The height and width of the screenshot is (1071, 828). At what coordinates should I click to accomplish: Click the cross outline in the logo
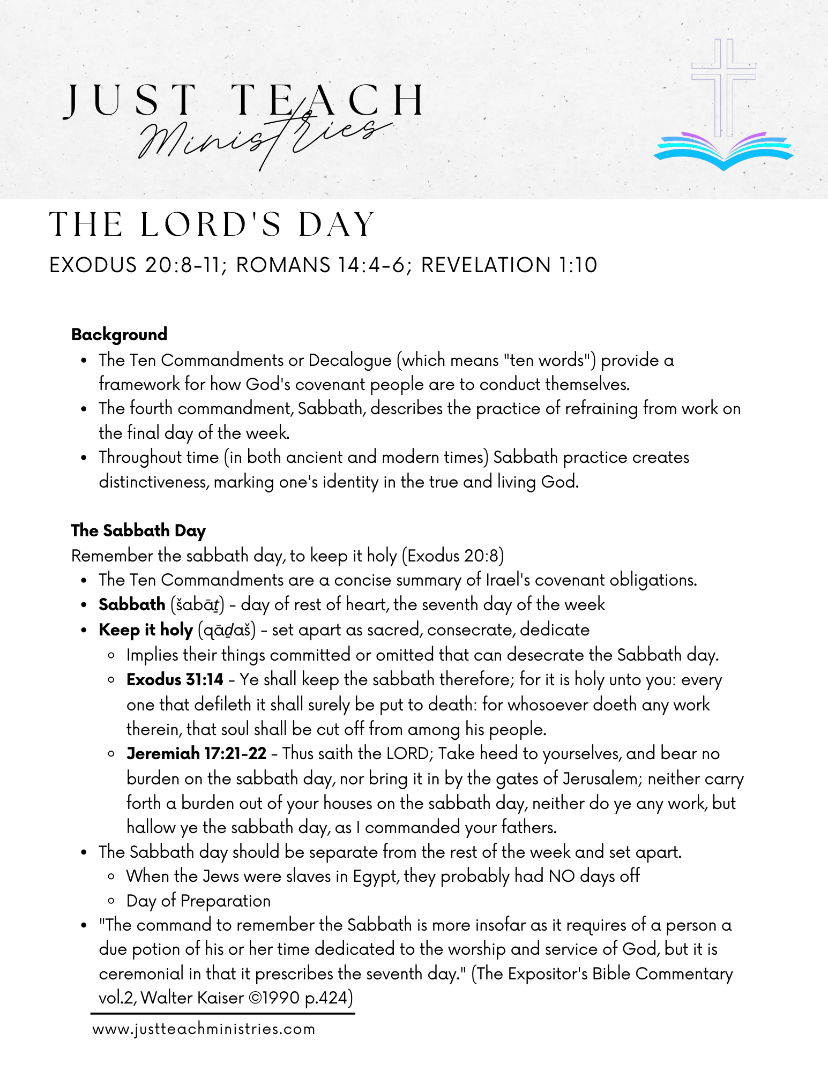(x=723, y=86)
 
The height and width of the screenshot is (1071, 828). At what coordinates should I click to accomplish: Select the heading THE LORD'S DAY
(x=212, y=224)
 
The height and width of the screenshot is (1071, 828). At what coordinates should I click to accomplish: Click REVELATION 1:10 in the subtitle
(x=509, y=265)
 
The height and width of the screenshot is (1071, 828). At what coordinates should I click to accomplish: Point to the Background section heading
(x=119, y=334)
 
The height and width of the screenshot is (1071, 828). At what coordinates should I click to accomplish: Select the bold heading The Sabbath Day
(x=138, y=530)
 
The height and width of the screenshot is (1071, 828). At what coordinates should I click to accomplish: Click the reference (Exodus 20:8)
(x=452, y=556)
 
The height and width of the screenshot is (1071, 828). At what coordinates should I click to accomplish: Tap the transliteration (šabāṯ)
(x=197, y=604)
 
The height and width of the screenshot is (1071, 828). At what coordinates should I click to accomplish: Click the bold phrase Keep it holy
(x=145, y=630)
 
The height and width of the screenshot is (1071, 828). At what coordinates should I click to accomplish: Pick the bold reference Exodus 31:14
(x=175, y=679)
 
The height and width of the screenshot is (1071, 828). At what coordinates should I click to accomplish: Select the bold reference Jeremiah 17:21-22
(x=196, y=753)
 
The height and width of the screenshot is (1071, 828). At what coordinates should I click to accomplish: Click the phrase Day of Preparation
(x=198, y=901)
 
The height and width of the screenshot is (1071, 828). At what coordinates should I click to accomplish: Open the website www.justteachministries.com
(x=204, y=1029)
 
